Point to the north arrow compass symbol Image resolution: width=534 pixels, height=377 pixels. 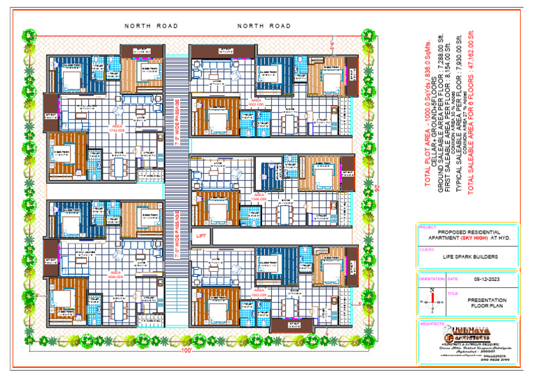pos(433,300)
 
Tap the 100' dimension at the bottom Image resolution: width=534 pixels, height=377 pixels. pos(186,350)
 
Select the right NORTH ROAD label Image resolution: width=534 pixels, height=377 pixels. pos(264,26)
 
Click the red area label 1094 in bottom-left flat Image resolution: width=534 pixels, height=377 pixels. pos(116,277)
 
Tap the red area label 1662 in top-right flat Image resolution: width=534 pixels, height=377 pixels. pos(258,103)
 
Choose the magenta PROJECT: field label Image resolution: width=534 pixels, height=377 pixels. pos(426,227)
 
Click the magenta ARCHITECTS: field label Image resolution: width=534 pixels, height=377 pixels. pos(431,324)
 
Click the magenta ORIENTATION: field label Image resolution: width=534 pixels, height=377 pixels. pos(431,280)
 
